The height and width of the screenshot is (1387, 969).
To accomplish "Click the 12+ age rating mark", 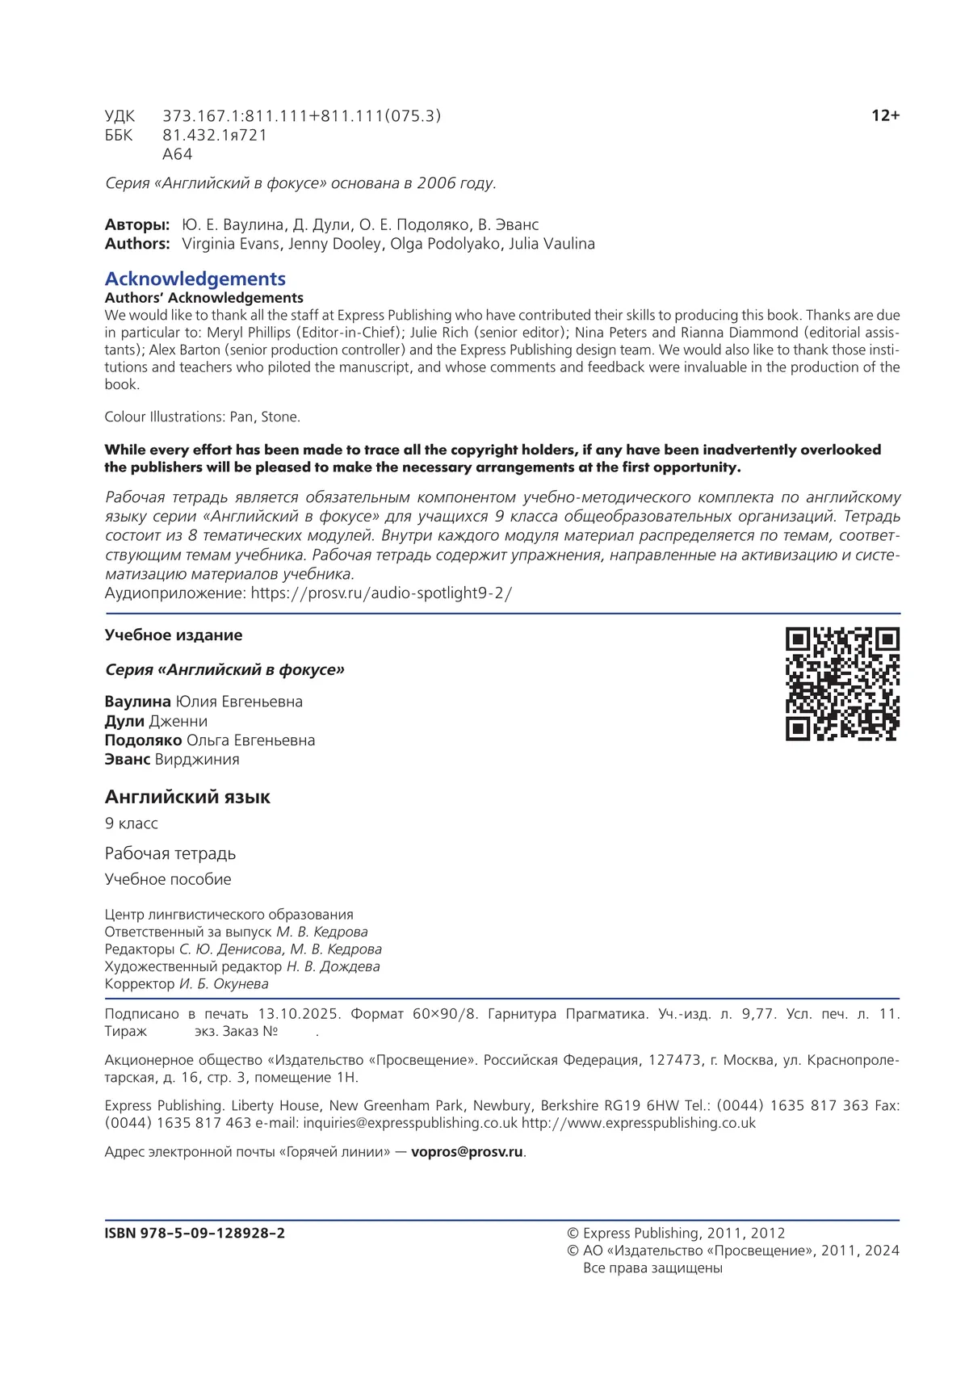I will tap(885, 115).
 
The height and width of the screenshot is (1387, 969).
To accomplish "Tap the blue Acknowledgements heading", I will tap(195, 279).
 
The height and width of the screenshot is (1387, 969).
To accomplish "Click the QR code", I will tap(842, 684).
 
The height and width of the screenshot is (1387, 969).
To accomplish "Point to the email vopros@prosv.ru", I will tap(467, 1152).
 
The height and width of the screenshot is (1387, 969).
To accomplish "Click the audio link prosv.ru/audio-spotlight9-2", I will tap(381, 593).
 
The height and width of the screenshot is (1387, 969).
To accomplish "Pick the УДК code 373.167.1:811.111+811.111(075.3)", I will tap(302, 116).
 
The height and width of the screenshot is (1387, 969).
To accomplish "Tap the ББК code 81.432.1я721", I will tap(215, 136).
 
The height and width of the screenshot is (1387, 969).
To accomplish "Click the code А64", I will tap(178, 154).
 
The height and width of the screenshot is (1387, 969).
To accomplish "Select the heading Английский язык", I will tap(187, 797).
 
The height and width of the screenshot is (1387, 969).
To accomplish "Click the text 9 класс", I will tap(132, 823).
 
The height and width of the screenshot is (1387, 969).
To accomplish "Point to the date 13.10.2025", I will tap(300, 1014).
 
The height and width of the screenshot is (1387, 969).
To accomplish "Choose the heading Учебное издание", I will tap(174, 635).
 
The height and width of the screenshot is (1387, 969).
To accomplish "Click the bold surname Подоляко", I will tap(143, 740).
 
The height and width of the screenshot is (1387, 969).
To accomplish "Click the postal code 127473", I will tap(674, 1060).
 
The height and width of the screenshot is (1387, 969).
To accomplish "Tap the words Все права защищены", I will tap(652, 1268).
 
